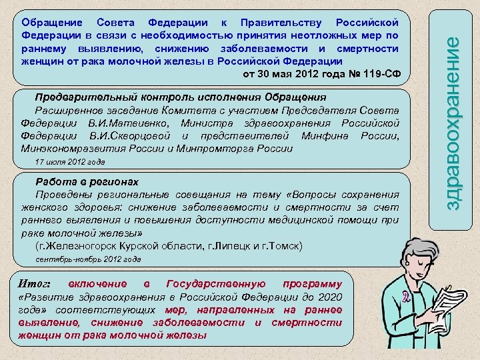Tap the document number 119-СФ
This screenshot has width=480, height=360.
378,73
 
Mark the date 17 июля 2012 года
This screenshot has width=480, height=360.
69,162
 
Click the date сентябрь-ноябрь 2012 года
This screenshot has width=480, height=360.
88,259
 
